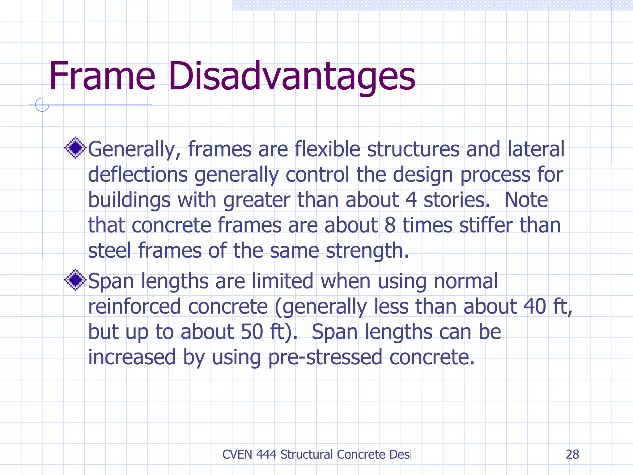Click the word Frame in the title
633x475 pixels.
click(x=102, y=76)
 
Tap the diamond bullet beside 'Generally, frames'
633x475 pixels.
click(x=75, y=148)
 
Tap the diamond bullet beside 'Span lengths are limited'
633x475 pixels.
click(x=75, y=280)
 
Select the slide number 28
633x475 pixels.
click(x=572, y=454)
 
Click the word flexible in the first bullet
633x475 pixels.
click(x=327, y=149)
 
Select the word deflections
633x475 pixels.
click(x=138, y=174)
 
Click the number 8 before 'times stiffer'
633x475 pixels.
click(x=390, y=225)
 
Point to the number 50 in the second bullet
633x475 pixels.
click(x=252, y=332)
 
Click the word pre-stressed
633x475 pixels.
click(x=325, y=357)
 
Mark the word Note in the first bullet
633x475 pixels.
click(x=526, y=200)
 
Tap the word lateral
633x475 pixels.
click(x=536, y=149)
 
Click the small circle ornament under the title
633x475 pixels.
click(x=42, y=105)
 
